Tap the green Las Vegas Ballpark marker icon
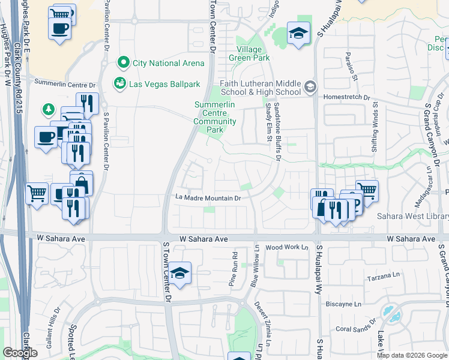pos(119,82)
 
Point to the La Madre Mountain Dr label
pos(208,197)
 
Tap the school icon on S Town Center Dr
pos(179,273)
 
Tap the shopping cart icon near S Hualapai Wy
pos(367,190)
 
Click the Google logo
pos(20,353)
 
